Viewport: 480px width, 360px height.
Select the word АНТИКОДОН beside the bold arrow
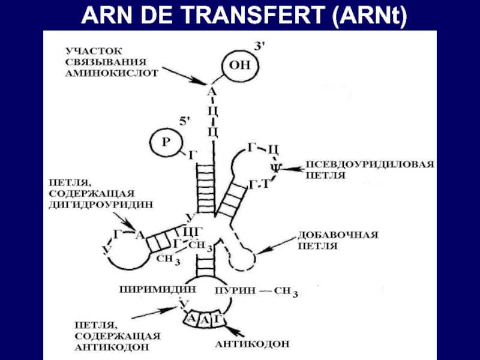click(x=252, y=344)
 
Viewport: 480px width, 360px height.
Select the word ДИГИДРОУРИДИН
click(x=100, y=203)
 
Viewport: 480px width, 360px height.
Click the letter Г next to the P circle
click(x=193, y=155)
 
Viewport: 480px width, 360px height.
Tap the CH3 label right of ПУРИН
click(x=286, y=292)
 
